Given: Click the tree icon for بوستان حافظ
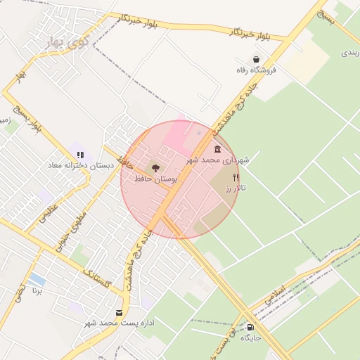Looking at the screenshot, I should coord(155,168).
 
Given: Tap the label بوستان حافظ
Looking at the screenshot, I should coord(155,180).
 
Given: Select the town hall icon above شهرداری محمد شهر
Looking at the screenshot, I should coord(217,149).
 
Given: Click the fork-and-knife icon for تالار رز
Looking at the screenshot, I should coord(236,178).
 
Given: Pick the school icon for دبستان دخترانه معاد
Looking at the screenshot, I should coord(80,154).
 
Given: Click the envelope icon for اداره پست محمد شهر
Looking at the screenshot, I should coord(118,312).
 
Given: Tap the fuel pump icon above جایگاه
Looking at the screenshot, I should coord(250,327).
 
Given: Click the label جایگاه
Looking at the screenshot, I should coord(250,338).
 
